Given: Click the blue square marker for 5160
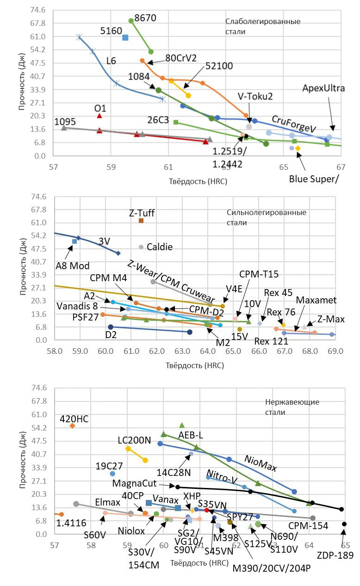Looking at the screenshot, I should [125, 37].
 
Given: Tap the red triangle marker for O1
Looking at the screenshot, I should [99, 116].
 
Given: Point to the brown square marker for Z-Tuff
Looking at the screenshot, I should [141, 221].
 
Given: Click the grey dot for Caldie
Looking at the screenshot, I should [141, 247].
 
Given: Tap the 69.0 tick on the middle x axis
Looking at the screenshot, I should [335, 352].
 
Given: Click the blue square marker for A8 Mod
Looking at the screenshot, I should [74, 241].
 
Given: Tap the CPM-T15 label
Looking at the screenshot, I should [259, 274].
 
